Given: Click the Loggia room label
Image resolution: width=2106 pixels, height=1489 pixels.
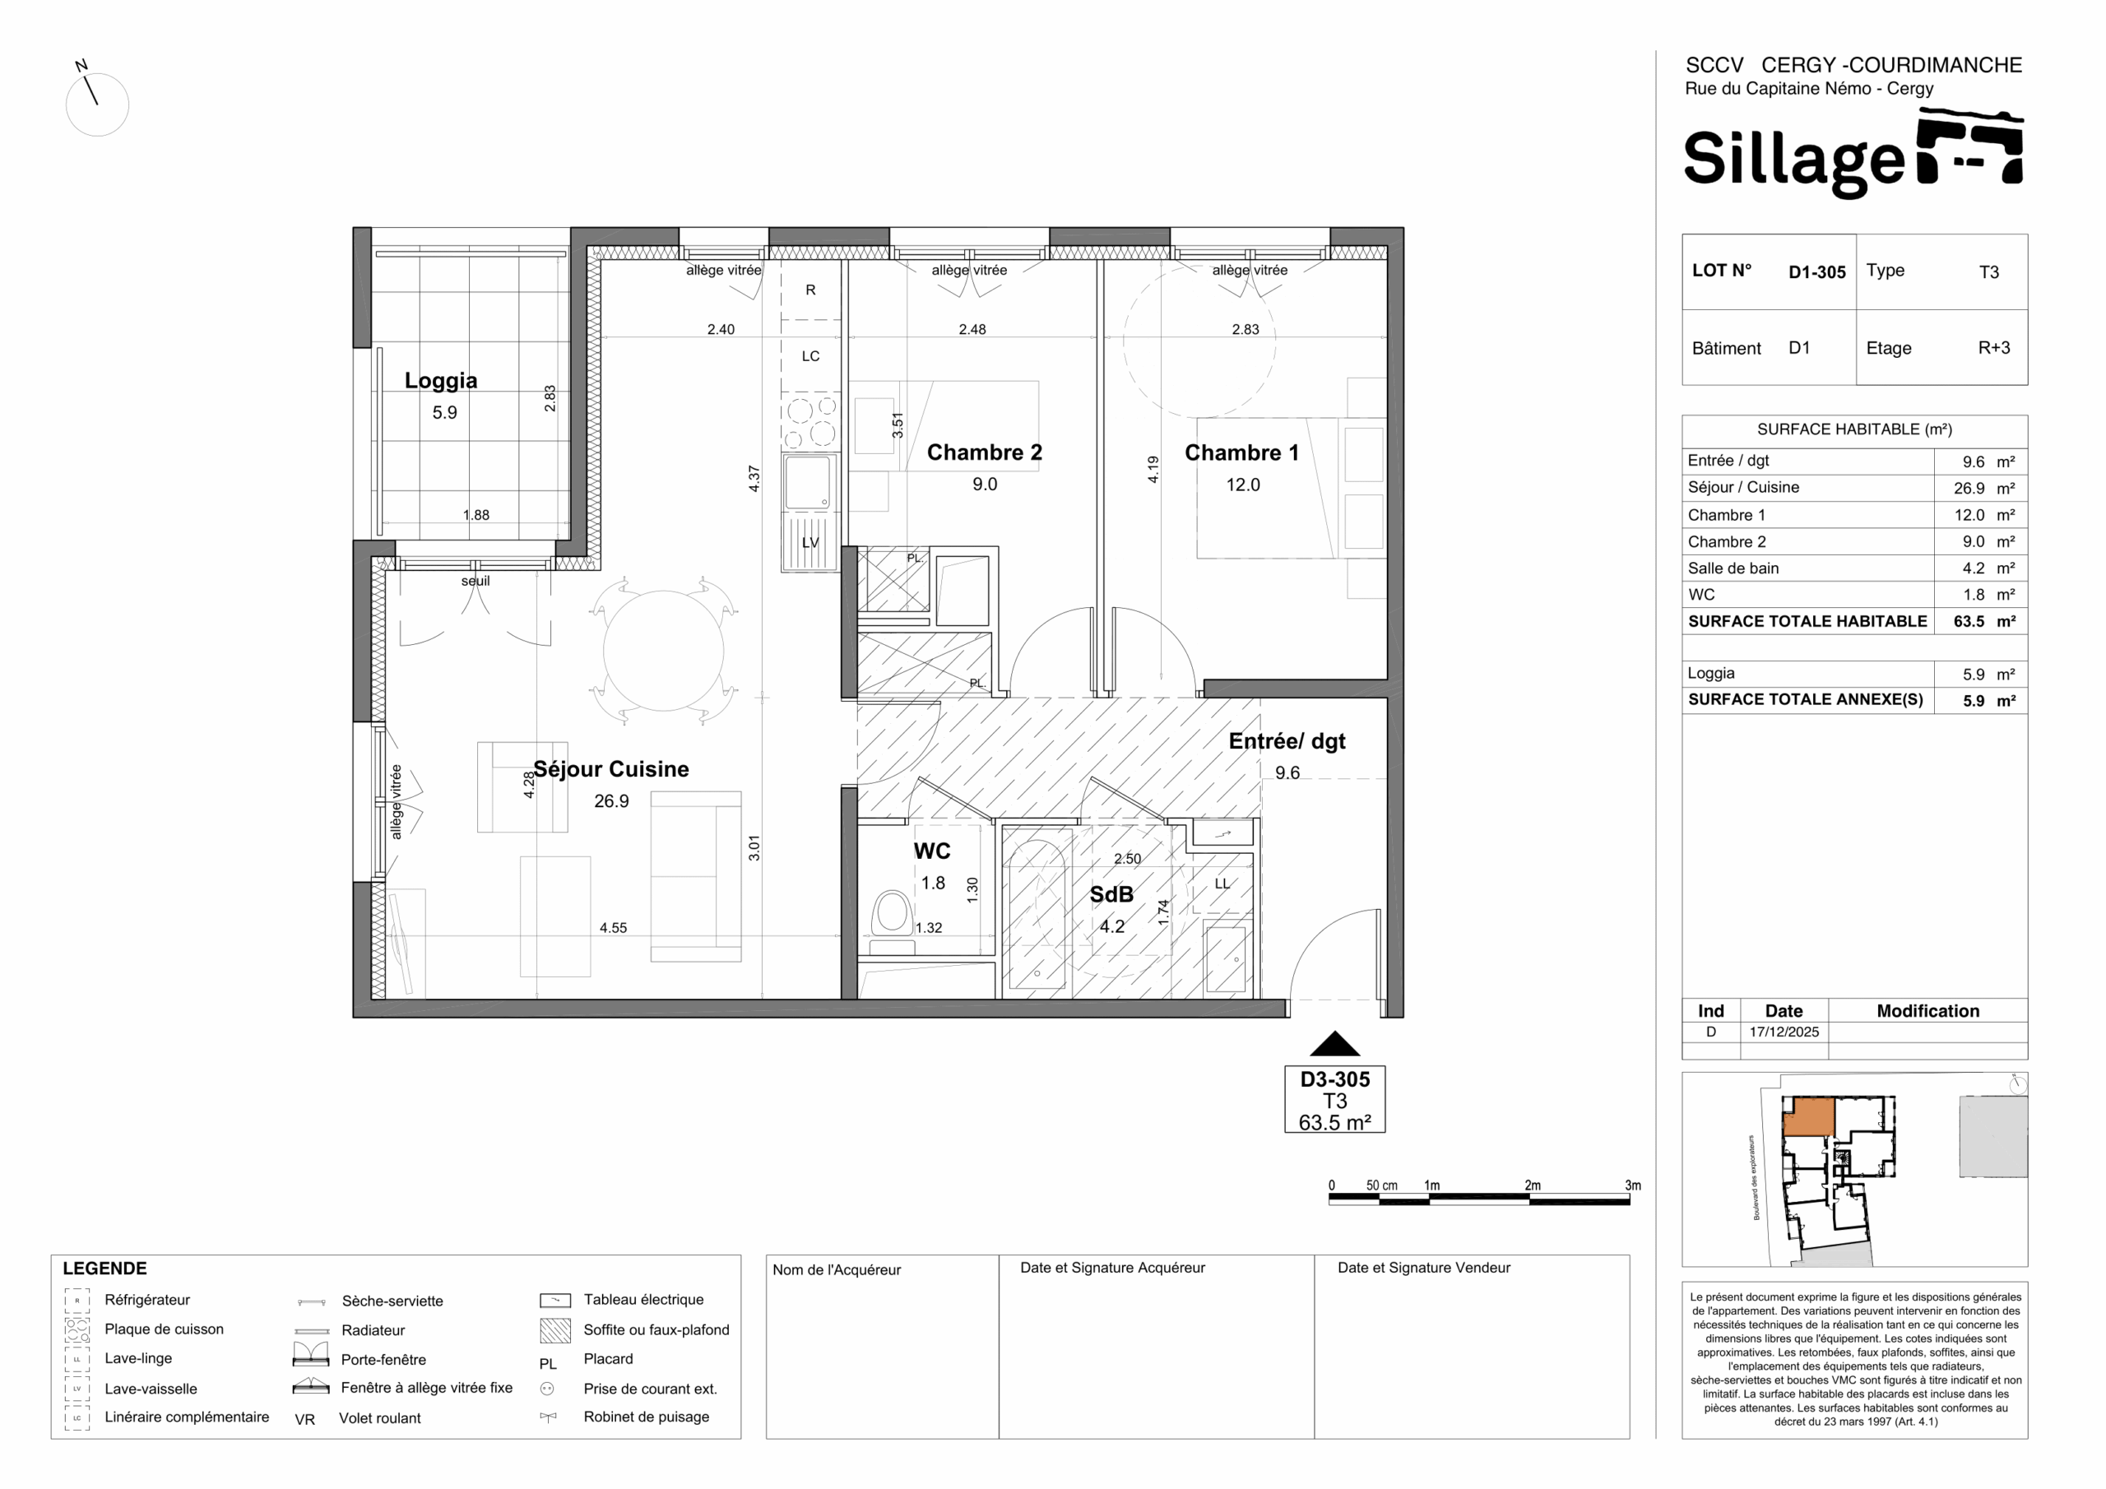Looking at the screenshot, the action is coord(440,381).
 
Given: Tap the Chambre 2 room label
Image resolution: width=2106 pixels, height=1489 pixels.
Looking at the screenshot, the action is coord(984,452).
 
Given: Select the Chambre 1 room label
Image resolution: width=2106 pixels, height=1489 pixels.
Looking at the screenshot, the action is coord(1241,452).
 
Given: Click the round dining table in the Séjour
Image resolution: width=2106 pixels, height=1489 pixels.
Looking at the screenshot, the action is coord(663,651).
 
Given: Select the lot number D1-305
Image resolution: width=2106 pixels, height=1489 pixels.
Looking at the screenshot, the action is coord(1817,272).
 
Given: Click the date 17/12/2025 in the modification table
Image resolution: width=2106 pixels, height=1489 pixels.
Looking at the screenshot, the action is coord(1784,1032).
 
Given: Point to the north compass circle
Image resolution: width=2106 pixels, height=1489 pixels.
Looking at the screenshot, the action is coord(97,104).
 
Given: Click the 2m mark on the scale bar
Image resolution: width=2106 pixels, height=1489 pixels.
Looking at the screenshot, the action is coord(1533,1185).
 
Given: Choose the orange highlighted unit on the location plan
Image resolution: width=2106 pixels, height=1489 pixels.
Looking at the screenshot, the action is coord(1808,1117).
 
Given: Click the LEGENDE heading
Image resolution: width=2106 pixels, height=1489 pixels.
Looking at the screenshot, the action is coord(104,1269).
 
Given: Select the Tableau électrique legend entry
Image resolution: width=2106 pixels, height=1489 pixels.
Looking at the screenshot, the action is coord(643,1299).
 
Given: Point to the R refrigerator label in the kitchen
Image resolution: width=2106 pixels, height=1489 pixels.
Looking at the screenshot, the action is coord(810,290).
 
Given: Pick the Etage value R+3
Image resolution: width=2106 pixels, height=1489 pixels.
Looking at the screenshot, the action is coord(1994,349).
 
